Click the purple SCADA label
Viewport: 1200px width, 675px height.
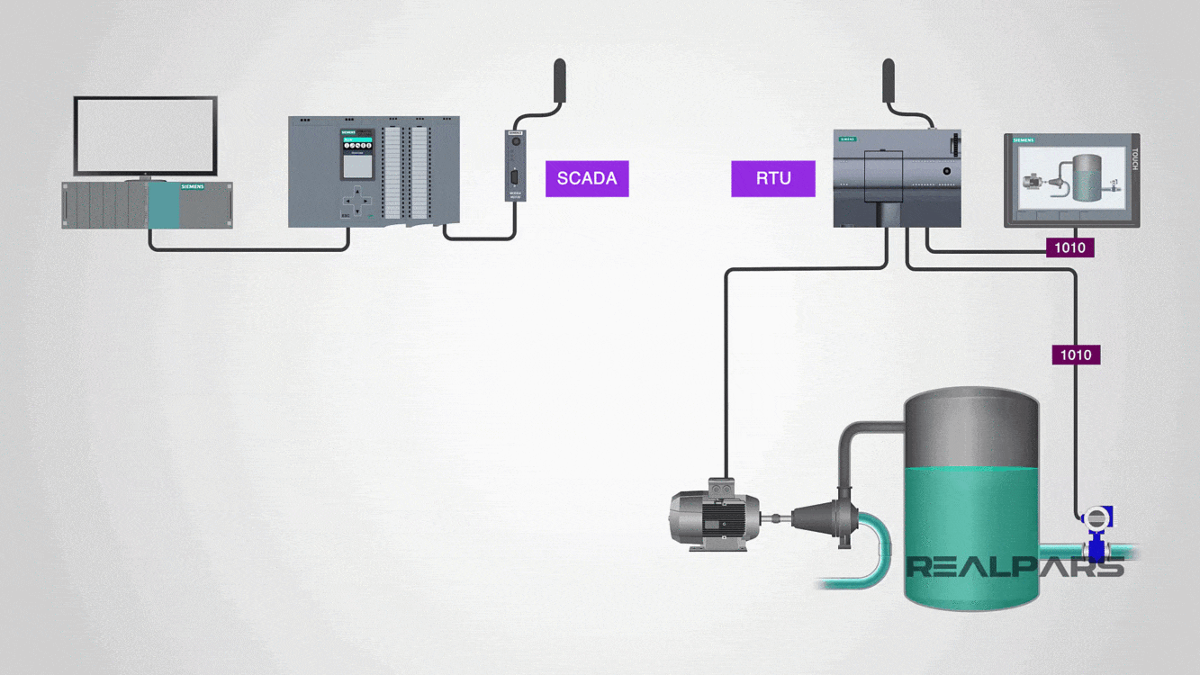click(x=587, y=178)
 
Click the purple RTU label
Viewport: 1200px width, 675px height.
click(x=773, y=178)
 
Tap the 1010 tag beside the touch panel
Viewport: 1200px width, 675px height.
click(x=1069, y=247)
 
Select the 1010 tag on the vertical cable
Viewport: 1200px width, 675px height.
click(x=1076, y=355)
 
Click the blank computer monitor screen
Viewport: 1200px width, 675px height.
click(x=145, y=136)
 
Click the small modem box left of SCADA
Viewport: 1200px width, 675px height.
click(x=515, y=166)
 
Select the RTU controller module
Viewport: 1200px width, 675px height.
click(x=897, y=178)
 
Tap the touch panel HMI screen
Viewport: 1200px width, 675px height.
click(x=1071, y=179)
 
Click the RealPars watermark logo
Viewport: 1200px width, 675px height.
click(x=1015, y=566)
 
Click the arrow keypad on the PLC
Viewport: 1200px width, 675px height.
click(x=356, y=201)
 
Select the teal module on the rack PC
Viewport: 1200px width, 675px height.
click(x=164, y=205)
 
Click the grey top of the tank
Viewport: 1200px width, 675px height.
click(x=971, y=427)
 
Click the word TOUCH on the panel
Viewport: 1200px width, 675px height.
click(x=1134, y=159)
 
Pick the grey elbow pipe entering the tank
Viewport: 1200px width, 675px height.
click(x=860, y=441)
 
